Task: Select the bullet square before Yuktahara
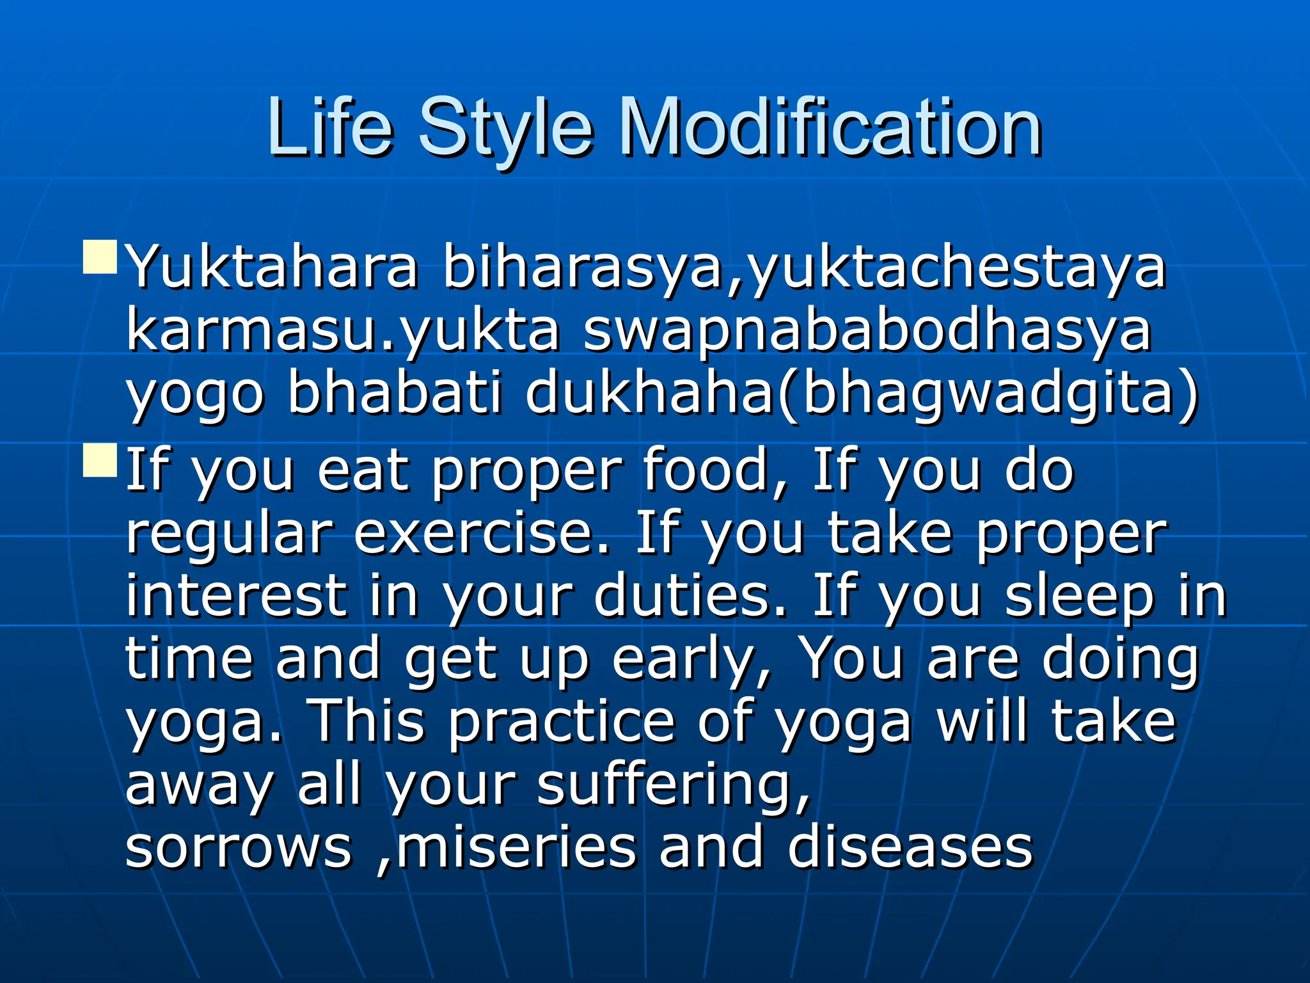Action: [100, 257]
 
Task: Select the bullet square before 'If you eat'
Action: [100, 460]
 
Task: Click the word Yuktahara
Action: [272, 268]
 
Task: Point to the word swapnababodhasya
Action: [867, 333]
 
